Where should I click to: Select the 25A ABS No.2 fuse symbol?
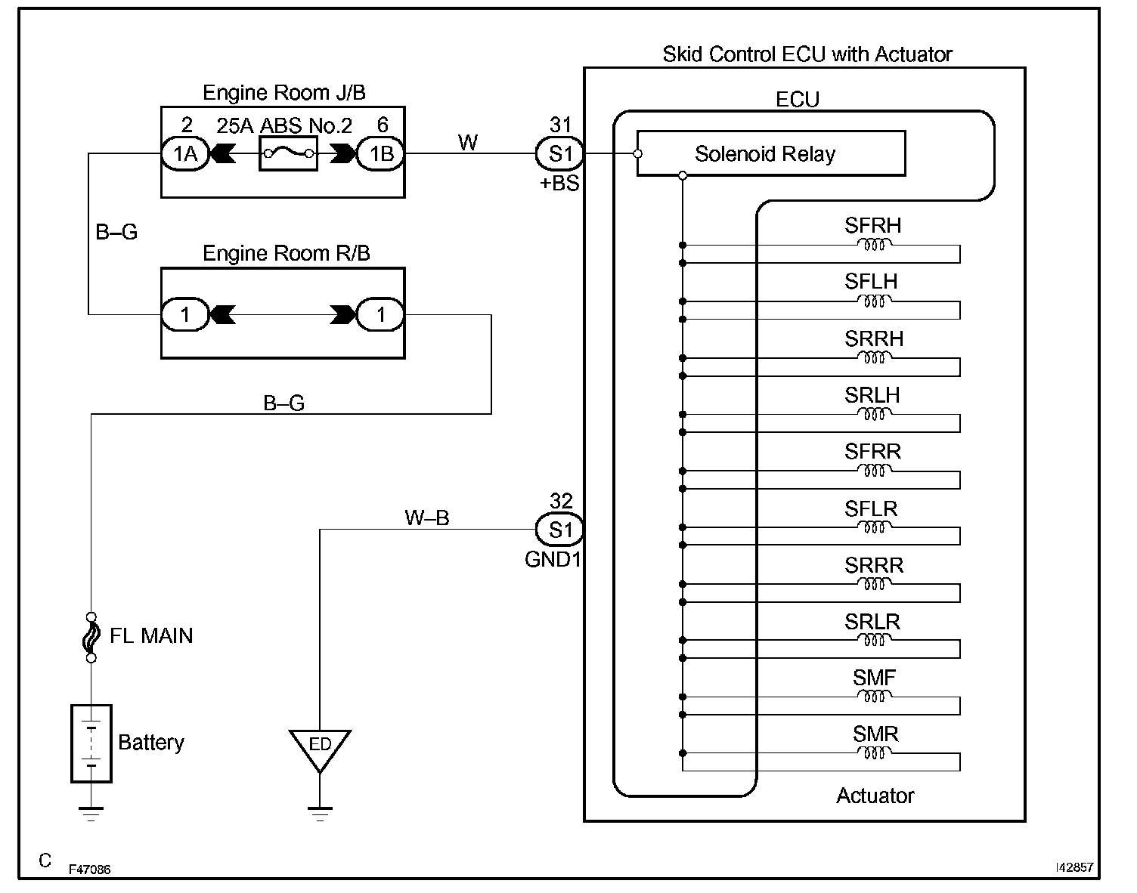(x=288, y=154)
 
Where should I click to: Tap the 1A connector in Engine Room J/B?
(x=185, y=154)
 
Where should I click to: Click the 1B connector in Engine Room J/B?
(x=381, y=154)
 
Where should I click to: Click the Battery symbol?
(x=91, y=743)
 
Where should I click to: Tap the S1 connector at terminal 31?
(x=560, y=154)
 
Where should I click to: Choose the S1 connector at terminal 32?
(x=560, y=530)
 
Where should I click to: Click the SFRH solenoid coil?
(x=874, y=245)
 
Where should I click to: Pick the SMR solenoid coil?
(x=874, y=753)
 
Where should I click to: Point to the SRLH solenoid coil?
(x=874, y=414)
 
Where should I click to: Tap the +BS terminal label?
(x=559, y=183)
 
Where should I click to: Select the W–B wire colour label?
(x=427, y=518)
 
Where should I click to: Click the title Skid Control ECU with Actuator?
(x=807, y=54)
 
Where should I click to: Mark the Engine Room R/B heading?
(x=287, y=253)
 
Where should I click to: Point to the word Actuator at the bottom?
(x=875, y=796)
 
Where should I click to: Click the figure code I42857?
(x=1074, y=869)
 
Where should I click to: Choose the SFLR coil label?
(x=872, y=508)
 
